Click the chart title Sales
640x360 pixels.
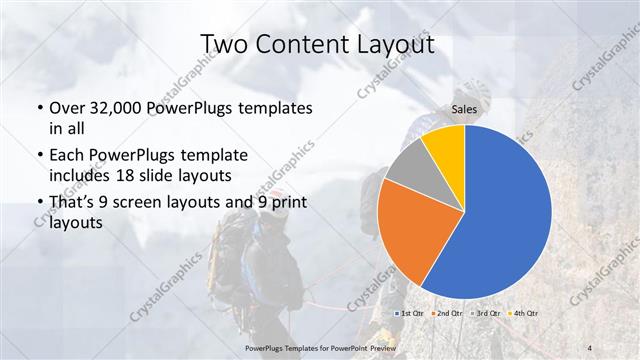[x=465, y=112]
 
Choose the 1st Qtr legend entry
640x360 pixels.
[x=410, y=314]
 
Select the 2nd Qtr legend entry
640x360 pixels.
[x=448, y=314]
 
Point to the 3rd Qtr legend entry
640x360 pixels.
[x=487, y=314]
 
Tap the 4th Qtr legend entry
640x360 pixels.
[x=525, y=314]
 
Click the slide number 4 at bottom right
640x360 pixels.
[x=589, y=347]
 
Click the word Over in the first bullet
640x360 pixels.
[x=67, y=107]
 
